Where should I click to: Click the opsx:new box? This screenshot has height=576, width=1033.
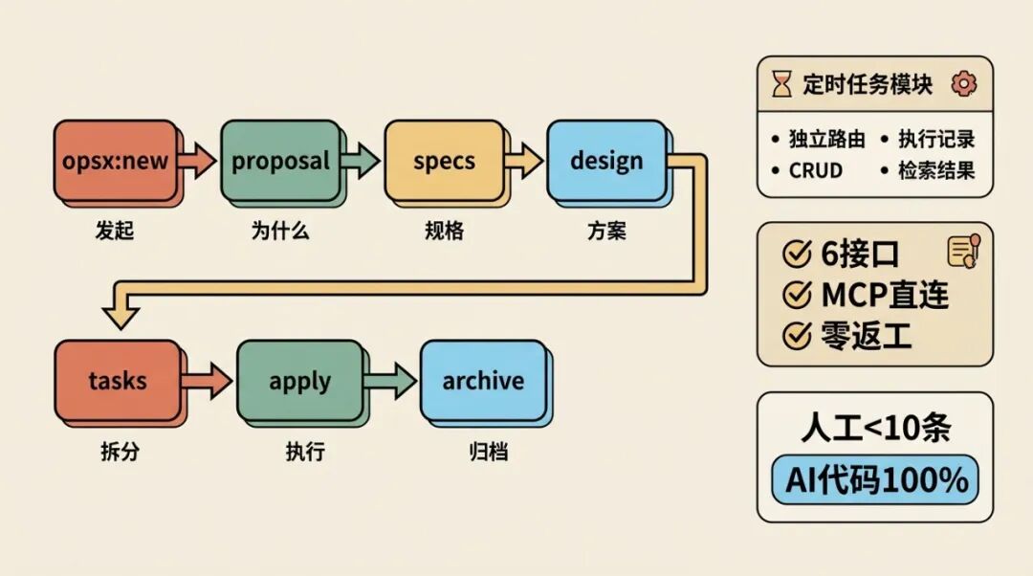115,161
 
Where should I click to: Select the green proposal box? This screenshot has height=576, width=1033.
280,161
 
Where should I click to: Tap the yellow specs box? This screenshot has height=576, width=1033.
444,161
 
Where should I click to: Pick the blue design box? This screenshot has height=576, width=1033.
606,161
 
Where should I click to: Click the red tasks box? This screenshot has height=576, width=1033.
118,380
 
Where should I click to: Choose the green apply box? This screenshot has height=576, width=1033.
299,381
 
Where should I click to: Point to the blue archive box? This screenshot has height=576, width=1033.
483,380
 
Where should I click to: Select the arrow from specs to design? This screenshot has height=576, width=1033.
524,161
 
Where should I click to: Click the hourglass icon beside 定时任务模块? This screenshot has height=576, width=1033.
782,84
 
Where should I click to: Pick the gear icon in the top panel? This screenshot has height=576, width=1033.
963,84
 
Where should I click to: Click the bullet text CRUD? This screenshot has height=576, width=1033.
815,171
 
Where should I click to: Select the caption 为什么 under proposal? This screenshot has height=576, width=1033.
280,231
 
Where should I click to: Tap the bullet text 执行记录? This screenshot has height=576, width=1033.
935,139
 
